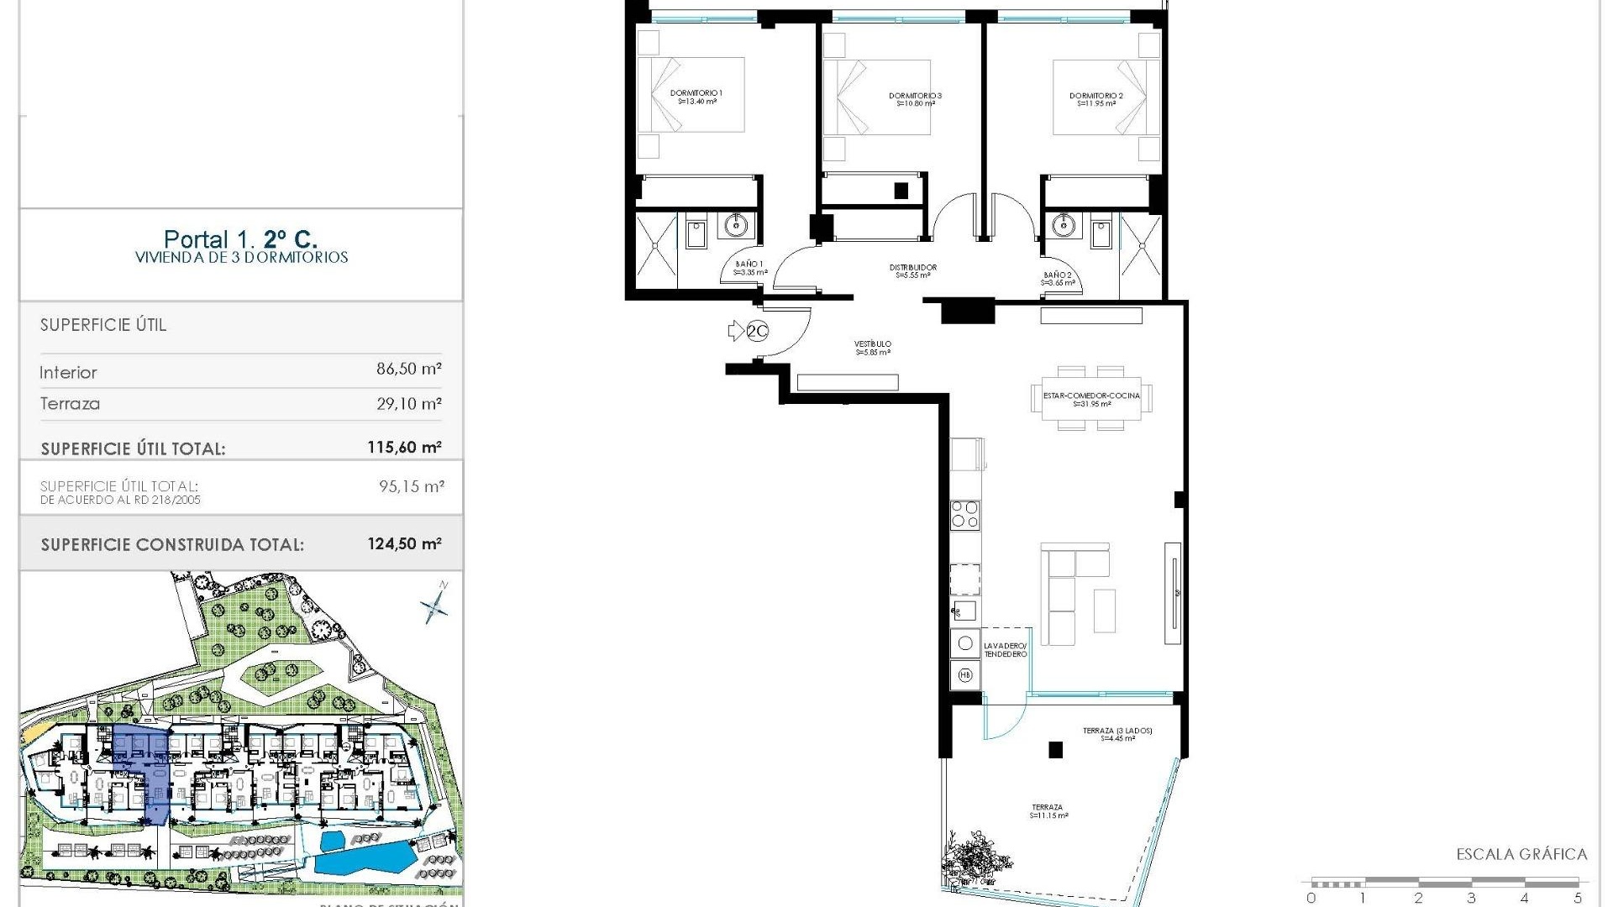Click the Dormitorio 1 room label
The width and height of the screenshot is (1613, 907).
pos(696,97)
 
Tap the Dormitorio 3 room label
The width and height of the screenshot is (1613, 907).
pos(915,99)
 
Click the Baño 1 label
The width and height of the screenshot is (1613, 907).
pos(749,268)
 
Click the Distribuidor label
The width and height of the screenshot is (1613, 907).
pos(912,270)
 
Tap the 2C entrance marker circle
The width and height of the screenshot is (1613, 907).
pos(757,332)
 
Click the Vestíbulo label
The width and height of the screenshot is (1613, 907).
pos(873,348)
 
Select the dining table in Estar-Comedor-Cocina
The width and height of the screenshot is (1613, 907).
pos(1091,398)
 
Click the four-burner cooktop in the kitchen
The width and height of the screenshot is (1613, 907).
pos(964,514)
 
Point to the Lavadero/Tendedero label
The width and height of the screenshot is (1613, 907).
pos(1005,650)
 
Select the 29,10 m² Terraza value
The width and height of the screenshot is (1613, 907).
pos(408,404)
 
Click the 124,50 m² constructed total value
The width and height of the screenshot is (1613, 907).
pos(404,544)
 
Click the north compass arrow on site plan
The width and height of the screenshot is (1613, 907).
pos(435,602)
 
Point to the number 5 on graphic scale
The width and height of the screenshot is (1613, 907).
pos(1577,898)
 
